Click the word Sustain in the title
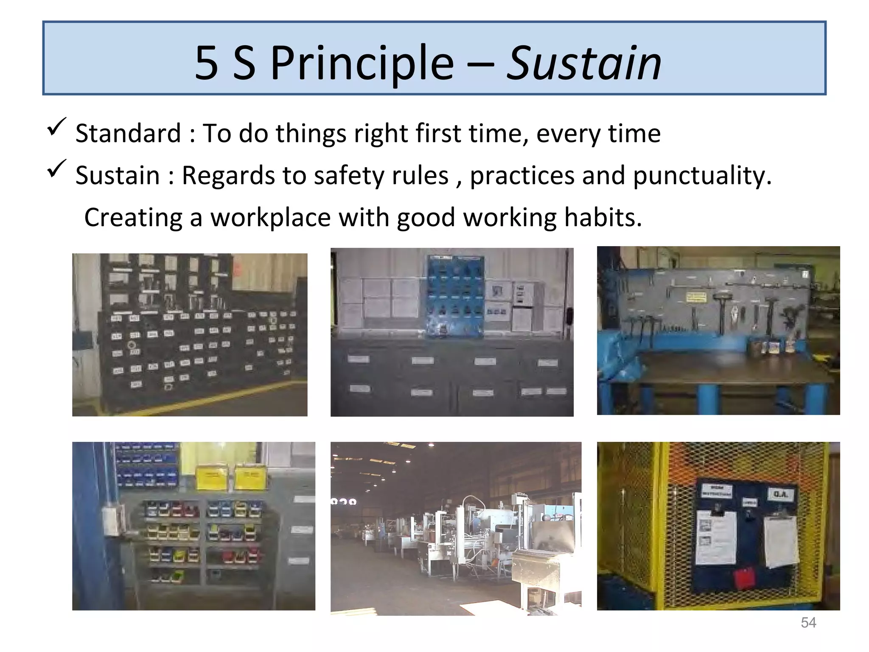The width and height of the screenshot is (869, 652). (x=584, y=64)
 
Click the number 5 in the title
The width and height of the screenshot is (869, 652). (x=207, y=64)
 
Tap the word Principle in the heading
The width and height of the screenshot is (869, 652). (x=362, y=64)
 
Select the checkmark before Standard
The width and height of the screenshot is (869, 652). (x=56, y=127)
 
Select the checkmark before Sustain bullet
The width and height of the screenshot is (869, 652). (x=56, y=169)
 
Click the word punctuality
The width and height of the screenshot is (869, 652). (x=702, y=176)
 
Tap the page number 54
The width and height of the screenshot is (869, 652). (x=808, y=623)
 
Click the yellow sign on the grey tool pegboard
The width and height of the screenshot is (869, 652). (x=696, y=297)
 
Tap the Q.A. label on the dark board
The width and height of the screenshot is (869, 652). (x=780, y=494)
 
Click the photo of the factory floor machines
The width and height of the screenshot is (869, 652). (x=456, y=528)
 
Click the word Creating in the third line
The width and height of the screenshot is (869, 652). (x=133, y=218)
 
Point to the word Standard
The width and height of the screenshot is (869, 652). (x=128, y=134)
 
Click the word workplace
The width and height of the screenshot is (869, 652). (x=270, y=218)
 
